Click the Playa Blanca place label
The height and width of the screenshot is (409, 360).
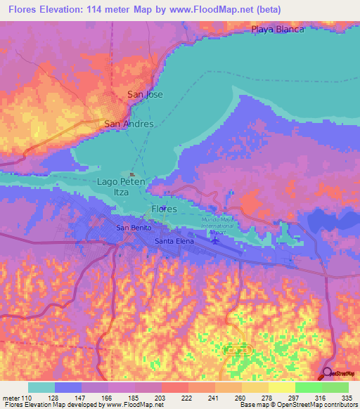pos(278,30)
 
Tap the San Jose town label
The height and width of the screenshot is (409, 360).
pos(145,93)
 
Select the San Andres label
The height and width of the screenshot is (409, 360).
pos(129,124)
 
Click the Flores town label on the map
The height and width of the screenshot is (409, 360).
pos(164,209)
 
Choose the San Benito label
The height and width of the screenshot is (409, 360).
pos(131,228)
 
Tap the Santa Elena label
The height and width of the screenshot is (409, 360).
pos(173,241)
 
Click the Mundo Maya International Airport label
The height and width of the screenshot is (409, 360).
pos(217,224)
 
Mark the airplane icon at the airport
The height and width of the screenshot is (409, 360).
pos(214,240)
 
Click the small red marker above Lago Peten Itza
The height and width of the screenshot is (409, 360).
pos(131,174)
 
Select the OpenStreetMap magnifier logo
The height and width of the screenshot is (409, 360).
pos(328,373)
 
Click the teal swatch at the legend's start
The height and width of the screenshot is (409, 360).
pos(41,387)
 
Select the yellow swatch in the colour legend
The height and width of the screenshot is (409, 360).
pos(281,387)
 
